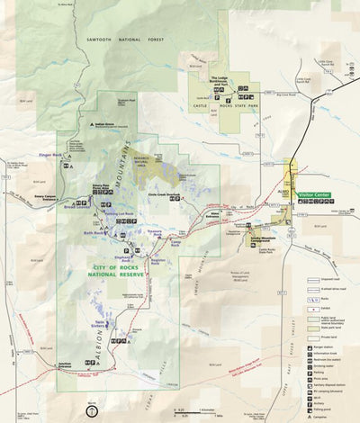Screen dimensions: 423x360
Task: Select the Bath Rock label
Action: [x=94, y=233]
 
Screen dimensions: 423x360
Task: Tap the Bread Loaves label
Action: [x=75, y=205]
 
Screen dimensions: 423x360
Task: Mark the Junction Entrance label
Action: [x=64, y=365]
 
